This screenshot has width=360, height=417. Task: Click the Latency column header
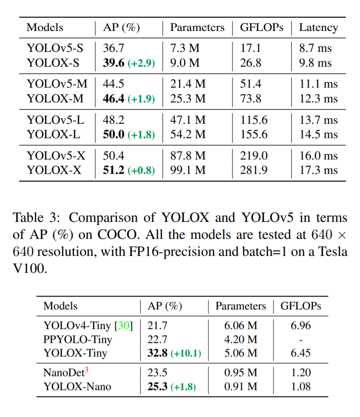pos(318,27)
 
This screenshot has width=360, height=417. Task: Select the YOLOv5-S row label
pos(55,48)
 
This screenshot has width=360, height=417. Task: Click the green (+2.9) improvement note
pos(141,63)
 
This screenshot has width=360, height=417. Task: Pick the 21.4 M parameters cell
pos(188,84)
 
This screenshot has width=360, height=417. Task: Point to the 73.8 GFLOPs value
pos(251,98)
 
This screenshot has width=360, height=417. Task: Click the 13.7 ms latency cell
pos(318,120)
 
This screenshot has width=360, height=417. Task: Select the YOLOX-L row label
pos(54,134)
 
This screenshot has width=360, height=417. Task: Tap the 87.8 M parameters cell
pos(188,156)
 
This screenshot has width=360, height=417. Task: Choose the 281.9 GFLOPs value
pos(254,170)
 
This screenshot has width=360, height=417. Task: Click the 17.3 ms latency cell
pos(318,170)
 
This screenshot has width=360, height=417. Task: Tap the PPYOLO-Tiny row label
pos(77,339)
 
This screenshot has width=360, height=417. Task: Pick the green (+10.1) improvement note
pos(185,353)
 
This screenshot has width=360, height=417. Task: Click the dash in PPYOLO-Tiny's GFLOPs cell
pos(301,339)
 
